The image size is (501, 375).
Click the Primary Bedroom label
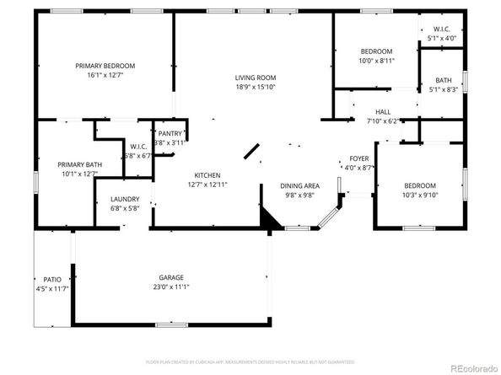click(105, 66)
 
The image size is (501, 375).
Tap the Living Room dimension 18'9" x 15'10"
click(256, 87)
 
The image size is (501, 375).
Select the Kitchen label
click(207, 175)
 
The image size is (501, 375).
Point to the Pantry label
click(170, 134)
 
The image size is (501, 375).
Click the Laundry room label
click(125, 200)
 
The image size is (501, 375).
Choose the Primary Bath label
click(78, 164)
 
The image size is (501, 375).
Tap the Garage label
click(171, 277)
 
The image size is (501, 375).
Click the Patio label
click(51, 279)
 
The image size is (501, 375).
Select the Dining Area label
click(299, 185)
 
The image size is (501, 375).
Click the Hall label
click(383, 111)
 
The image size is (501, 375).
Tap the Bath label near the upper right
click(442, 80)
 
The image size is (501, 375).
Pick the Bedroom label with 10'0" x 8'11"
click(375, 51)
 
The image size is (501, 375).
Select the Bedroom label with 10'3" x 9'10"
click(419, 185)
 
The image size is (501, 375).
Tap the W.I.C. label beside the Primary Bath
click(139, 147)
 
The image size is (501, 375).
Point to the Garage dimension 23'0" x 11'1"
click(171, 287)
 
